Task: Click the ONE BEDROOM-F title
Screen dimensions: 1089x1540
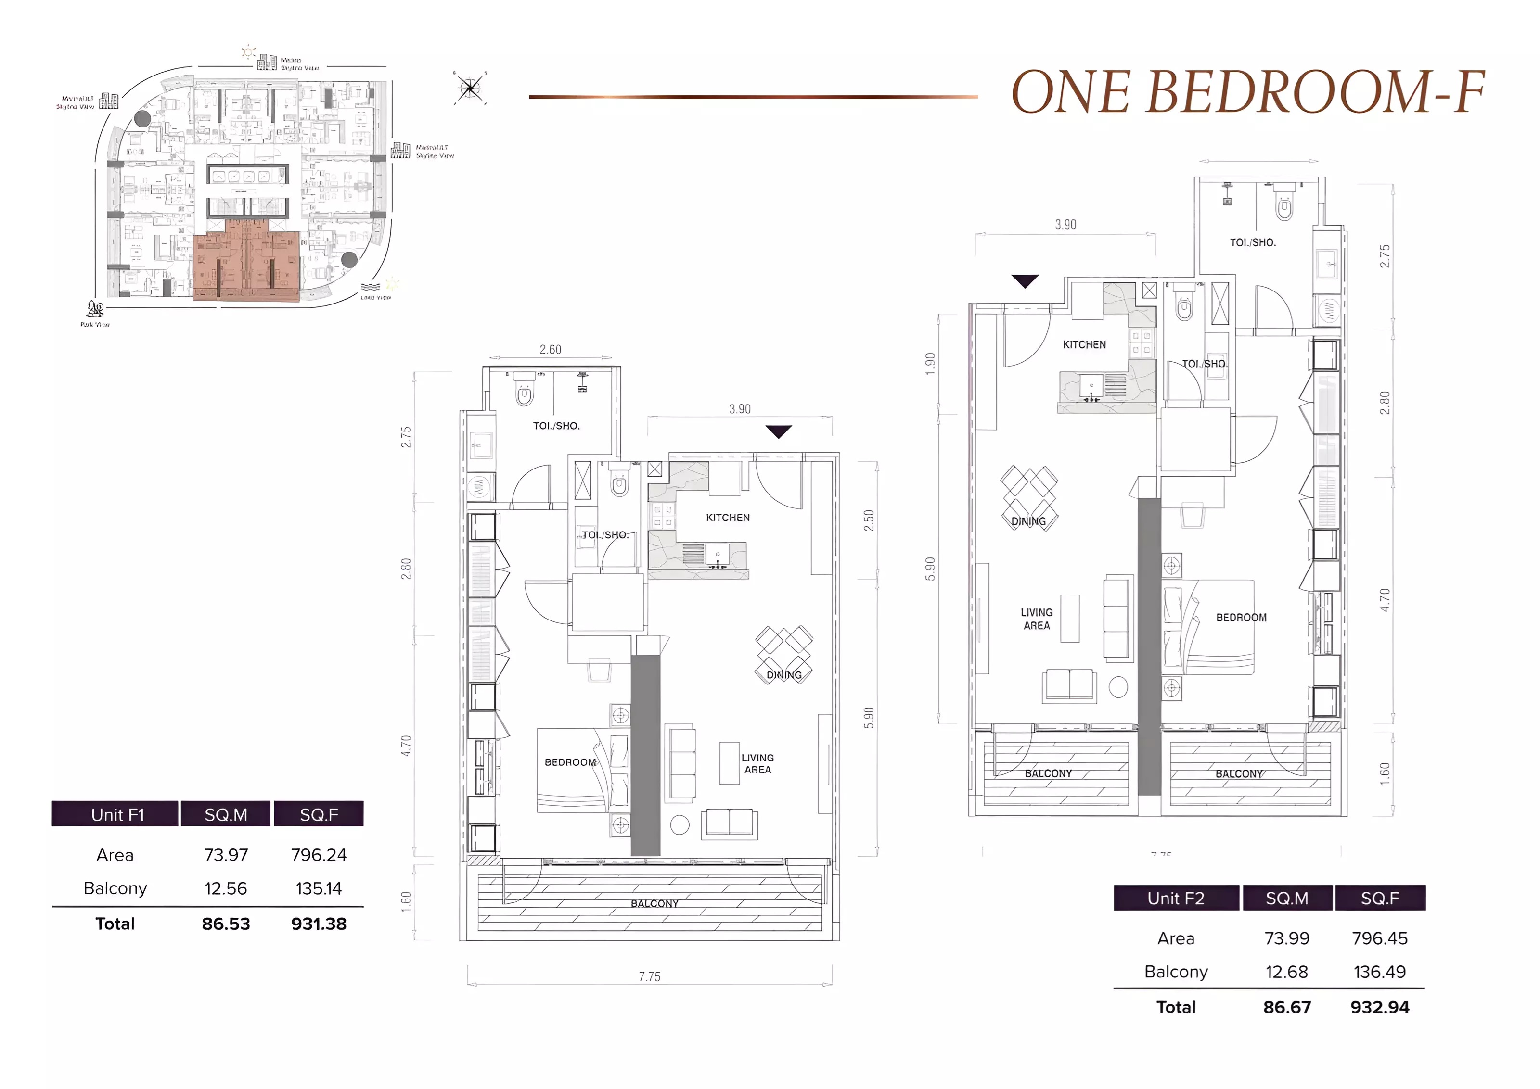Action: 1247,92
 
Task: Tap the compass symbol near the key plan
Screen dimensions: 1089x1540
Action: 470,88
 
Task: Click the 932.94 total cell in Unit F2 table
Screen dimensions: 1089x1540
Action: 1379,1007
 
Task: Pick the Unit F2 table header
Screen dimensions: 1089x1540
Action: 1175,898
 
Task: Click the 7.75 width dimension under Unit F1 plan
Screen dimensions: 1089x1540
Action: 649,976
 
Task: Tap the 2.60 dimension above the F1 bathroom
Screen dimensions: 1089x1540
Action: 550,349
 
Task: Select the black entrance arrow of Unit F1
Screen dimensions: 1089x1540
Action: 778,432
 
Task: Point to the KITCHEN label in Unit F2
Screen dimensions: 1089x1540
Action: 1084,345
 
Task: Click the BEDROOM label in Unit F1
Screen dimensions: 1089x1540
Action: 569,762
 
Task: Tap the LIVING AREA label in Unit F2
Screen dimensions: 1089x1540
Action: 1036,618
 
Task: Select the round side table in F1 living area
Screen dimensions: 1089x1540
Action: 680,825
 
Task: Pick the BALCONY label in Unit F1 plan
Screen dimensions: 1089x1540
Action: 654,903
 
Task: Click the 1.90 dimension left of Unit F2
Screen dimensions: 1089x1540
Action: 930,364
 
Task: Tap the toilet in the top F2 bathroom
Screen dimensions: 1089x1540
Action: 1284,205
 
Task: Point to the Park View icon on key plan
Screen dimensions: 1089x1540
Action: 95,310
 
